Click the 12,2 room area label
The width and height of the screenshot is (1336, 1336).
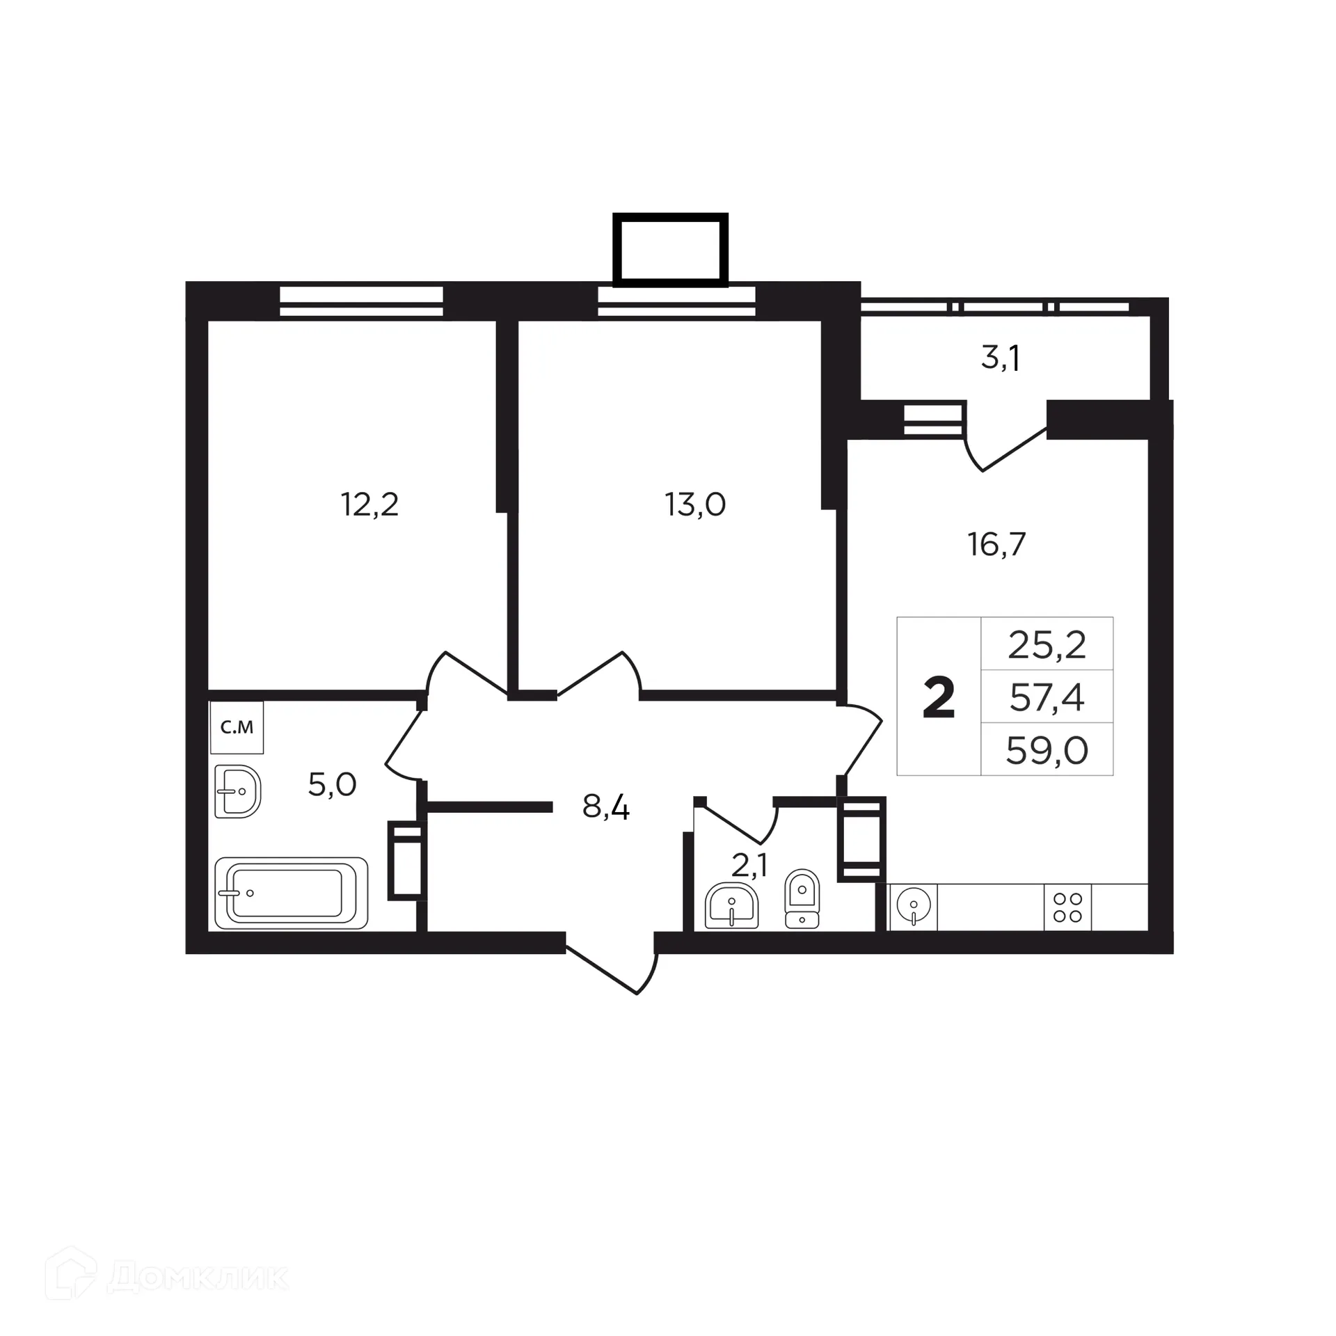[x=369, y=504]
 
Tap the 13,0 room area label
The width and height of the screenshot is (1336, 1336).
[x=695, y=504]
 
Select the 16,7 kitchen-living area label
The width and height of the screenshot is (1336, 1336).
[x=996, y=544]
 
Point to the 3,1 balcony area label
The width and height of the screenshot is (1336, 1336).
[x=1001, y=358]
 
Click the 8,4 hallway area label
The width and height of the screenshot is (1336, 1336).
[x=605, y=808]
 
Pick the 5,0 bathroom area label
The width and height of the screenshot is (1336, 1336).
[x=332, y=785]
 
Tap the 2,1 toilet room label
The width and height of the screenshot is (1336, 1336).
[x=749, y=866]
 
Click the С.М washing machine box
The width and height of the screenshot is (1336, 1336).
[x=237, y=728]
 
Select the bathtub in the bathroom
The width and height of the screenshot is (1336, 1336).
[x=291, y=893]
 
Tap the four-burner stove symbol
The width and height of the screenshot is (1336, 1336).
[x=1067, y=907]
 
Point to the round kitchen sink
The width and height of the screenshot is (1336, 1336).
[x=914, y=906]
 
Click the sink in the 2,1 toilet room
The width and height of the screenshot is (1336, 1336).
[x=731, y=906]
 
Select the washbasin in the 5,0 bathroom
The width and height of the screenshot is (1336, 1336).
[x=237, y=792]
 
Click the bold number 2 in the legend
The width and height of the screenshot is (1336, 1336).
[x=939, y=699]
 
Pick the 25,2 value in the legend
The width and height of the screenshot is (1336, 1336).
[x=1047, y=646]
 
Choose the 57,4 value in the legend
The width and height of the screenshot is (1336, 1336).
[x=1047, y=698]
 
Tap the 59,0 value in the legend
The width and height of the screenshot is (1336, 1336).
[x=1047, y=751]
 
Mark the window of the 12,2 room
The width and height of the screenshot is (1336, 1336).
[x=361, y=301]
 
